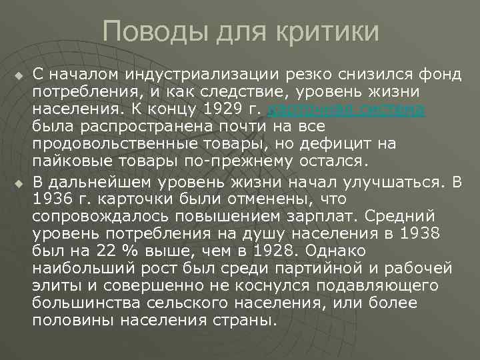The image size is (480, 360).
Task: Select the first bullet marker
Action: [18, 71]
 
